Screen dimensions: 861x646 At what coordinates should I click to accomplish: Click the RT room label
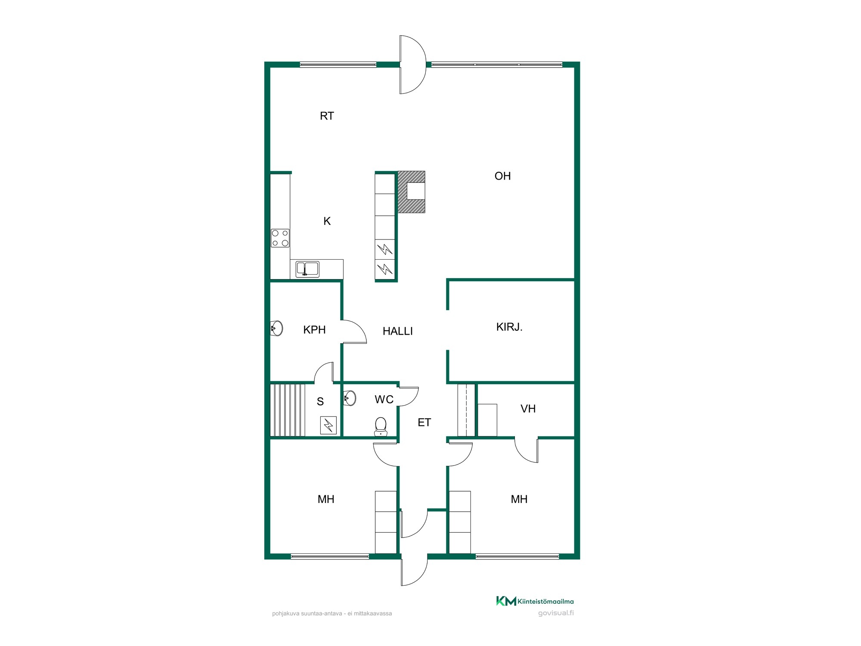[x=327, y=116]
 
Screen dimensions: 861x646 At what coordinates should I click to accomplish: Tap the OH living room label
[x=502, y=176]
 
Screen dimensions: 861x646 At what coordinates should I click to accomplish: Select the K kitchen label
[x=327, y=221]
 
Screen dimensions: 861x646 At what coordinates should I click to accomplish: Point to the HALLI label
[x=398, y=331]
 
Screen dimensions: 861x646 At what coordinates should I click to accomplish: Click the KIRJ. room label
[x=509, y=327]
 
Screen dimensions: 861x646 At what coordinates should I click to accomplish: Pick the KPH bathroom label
[x=314, y=330]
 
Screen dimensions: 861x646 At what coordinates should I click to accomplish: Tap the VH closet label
[x=528, y=409]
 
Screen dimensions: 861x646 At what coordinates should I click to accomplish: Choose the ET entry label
[x=424, y=422]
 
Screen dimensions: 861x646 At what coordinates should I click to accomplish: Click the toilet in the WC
[x=381, y=426]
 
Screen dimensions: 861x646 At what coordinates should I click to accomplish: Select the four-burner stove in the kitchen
[x=280, y=238]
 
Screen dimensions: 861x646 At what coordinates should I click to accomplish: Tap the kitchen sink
[x=307, y=269]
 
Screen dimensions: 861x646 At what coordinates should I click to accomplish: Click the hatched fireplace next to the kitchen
[x=411, y=192]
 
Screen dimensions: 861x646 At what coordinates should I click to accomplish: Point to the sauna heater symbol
[x=328, y=425]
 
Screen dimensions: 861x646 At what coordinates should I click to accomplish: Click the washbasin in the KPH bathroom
[x=276, y=328]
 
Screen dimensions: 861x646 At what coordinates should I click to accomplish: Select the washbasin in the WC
[x=350, y=398]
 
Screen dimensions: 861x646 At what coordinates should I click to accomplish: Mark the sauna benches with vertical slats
[x=288, y=410]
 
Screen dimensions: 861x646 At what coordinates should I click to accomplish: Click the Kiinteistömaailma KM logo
[x=535, y=601]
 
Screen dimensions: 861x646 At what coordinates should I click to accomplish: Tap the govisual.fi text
[x=556, y=613]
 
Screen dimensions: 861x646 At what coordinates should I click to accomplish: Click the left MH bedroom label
[x=326, y=499]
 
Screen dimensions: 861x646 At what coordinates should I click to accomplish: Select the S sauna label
[x=320, y=401]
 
